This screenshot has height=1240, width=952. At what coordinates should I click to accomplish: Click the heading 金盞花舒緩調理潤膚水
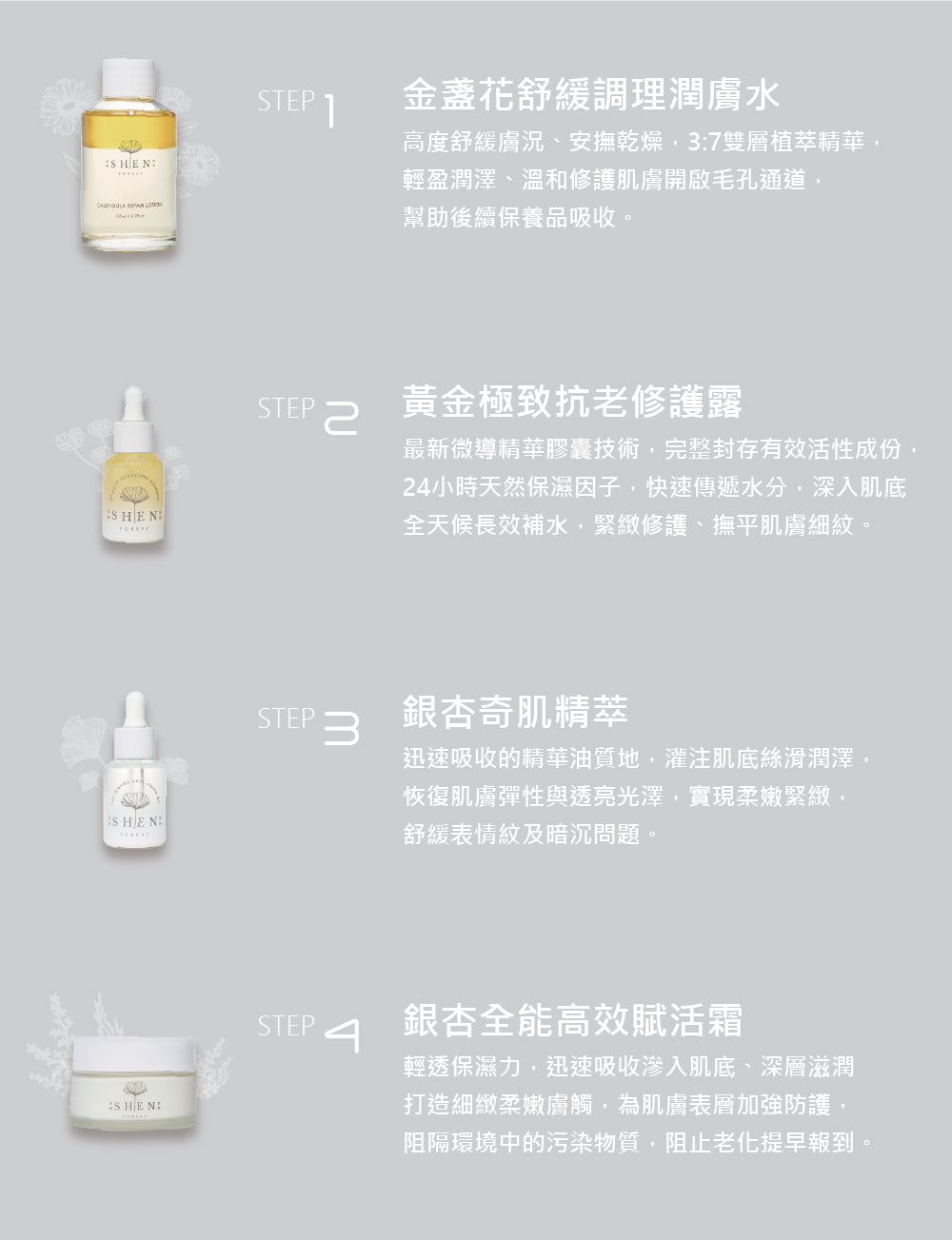point(591,95)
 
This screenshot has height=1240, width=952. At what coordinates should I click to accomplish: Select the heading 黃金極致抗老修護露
point(572,403)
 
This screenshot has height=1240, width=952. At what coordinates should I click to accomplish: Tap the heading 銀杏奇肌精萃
point(515,711)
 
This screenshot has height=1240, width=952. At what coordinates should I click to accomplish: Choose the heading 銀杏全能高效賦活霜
point(572,1019)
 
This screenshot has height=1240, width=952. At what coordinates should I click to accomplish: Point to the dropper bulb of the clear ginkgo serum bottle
point(134,706)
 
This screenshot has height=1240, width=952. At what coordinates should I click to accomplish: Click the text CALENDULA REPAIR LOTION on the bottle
point(129,205)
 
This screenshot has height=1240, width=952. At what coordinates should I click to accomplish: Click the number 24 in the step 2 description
point(415,488)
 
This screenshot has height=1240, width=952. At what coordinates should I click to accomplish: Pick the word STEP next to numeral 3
point(286,718)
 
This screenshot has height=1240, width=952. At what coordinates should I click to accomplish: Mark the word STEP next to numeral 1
point(286,101)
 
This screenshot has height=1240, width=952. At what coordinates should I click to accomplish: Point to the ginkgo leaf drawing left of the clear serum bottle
point(82,741)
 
